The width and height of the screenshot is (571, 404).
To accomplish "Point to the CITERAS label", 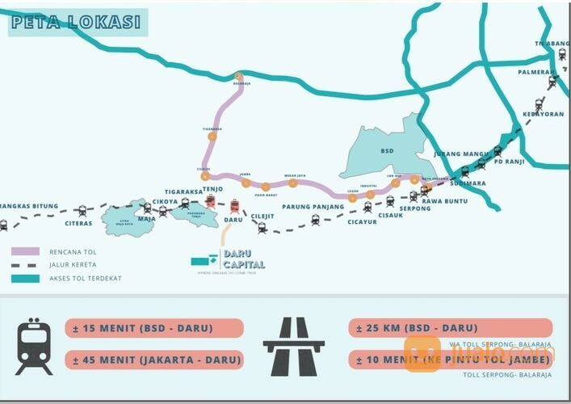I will pyautogui.click(x=79, y=223).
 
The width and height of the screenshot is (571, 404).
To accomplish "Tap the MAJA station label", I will pyautogui.click(x=146, y=218).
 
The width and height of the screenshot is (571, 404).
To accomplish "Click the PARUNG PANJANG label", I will pyautogui.click(x=313, y=207).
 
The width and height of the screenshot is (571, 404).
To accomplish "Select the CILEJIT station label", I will pyautogui.click(x=262, y=216).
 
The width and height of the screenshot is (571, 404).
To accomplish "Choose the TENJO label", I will pyautogui.click(x=212, y=189).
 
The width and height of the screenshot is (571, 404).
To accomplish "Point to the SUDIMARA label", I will pyautogui.click(x=468, y=183).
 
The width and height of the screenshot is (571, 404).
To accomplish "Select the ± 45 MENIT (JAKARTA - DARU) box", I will pyautogui.click(x=154, y=359).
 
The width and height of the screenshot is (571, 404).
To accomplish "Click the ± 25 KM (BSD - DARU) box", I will pyautogui.click(x=451, y=328).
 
